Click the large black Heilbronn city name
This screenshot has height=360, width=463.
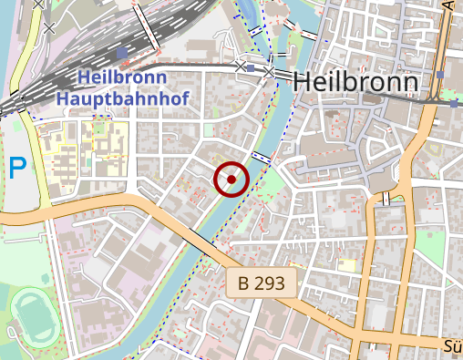356,83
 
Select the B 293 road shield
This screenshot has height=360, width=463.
262,284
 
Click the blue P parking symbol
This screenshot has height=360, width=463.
17,168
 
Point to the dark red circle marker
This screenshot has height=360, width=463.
231,179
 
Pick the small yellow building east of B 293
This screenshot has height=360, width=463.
346,264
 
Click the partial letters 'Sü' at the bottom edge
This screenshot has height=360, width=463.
453,346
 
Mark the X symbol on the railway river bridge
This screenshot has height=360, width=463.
270,70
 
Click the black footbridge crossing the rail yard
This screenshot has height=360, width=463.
147,27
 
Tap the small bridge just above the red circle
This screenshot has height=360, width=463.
262,158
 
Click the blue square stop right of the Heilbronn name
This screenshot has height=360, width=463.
440,74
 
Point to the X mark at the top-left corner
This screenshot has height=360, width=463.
39,5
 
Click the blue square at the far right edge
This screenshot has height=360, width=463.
454,104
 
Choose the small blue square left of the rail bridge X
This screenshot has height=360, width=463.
252,67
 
